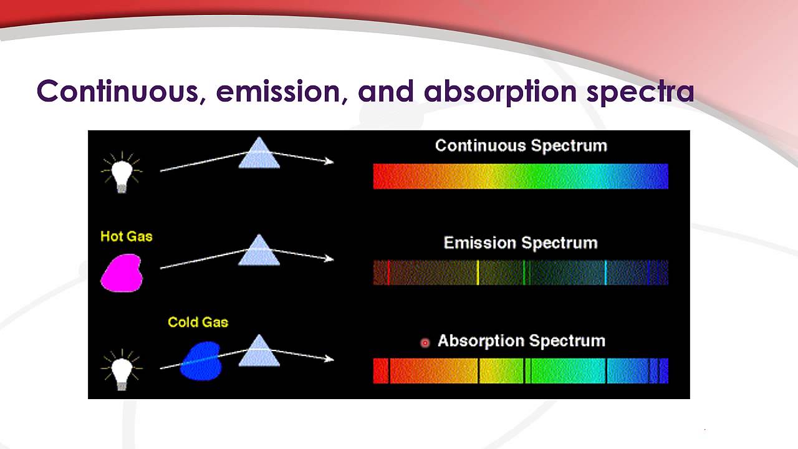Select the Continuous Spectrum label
521,145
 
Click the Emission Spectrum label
521,243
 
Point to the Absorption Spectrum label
521,340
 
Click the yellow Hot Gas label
127,236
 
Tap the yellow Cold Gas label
198,322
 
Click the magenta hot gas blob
122,273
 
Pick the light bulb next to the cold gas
122,369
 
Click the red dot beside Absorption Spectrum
425,342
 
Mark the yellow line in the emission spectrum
478,273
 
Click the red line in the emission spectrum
388,273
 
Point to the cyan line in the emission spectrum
605,273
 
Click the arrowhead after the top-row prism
329,162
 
